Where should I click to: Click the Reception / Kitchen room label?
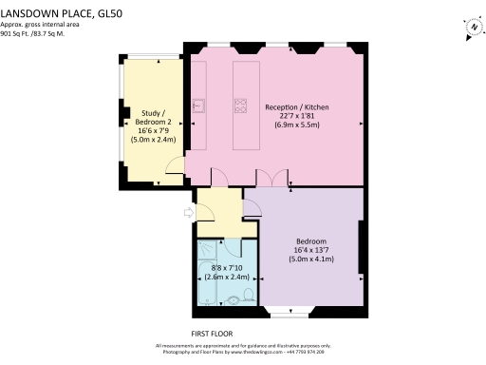[x=296, y=108]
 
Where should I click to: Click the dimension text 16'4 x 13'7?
[x=312, y=250]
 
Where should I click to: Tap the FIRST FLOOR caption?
[x=213, y=334]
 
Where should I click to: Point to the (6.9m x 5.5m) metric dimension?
[x=296, y=125]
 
